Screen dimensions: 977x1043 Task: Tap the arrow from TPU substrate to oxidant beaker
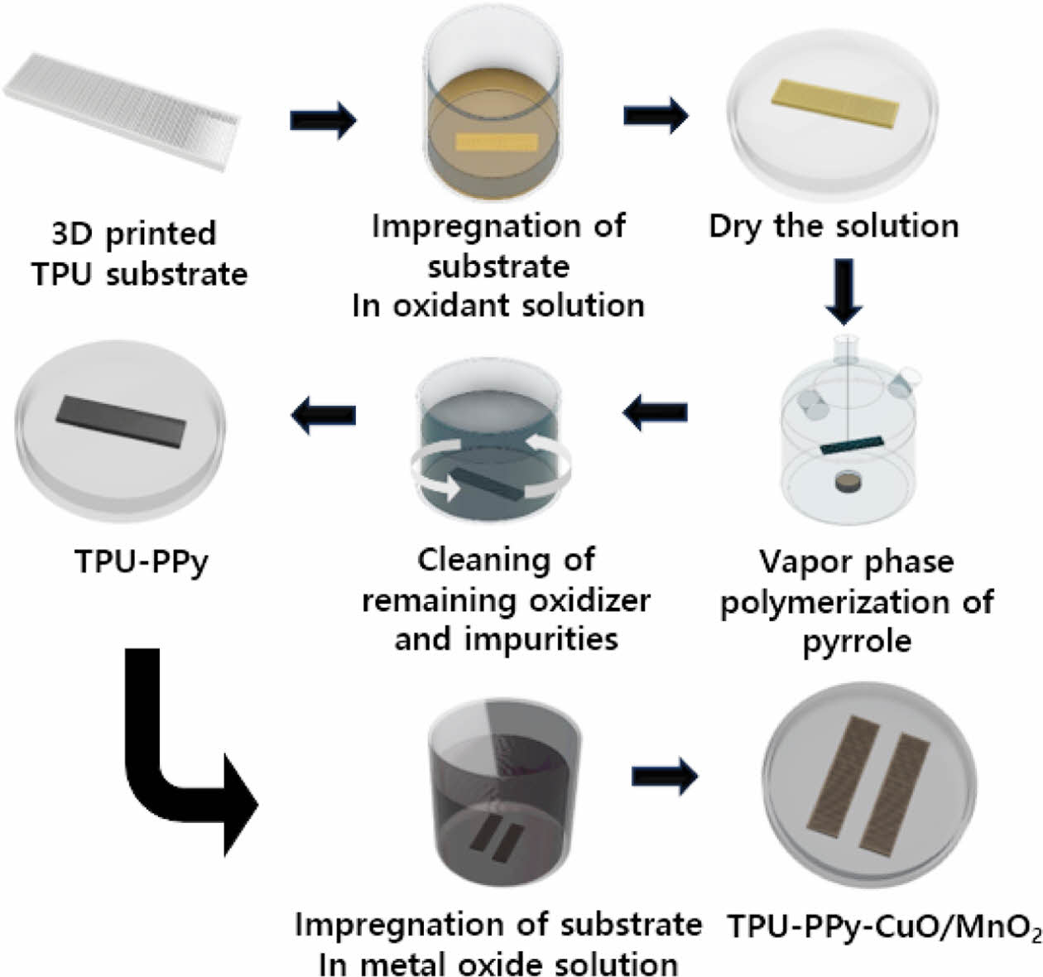click(323, 120)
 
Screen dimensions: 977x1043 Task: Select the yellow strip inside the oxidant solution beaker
click(497, 142)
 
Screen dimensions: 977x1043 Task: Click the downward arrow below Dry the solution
click(844, 291)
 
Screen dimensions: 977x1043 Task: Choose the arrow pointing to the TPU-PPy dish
click(323, 412)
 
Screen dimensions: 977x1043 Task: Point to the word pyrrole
click(857, 641)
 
